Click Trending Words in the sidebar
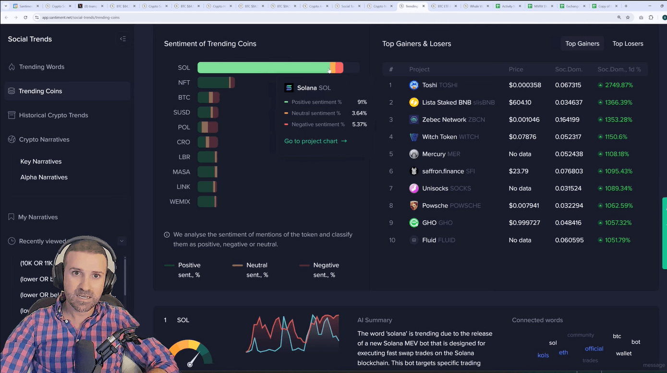41,67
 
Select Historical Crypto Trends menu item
53,115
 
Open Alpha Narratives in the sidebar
44,177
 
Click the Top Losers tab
628,44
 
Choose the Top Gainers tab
582,44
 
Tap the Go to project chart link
315,141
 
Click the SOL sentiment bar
270,68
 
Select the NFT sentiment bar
216,83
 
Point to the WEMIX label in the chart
180,202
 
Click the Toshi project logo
414,85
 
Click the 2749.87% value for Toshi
619,85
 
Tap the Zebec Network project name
444,120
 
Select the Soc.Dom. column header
569,69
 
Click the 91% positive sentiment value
362,102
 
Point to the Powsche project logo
414,206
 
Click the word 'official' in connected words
594,349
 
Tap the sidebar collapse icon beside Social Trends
123,39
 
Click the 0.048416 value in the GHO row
568,223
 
